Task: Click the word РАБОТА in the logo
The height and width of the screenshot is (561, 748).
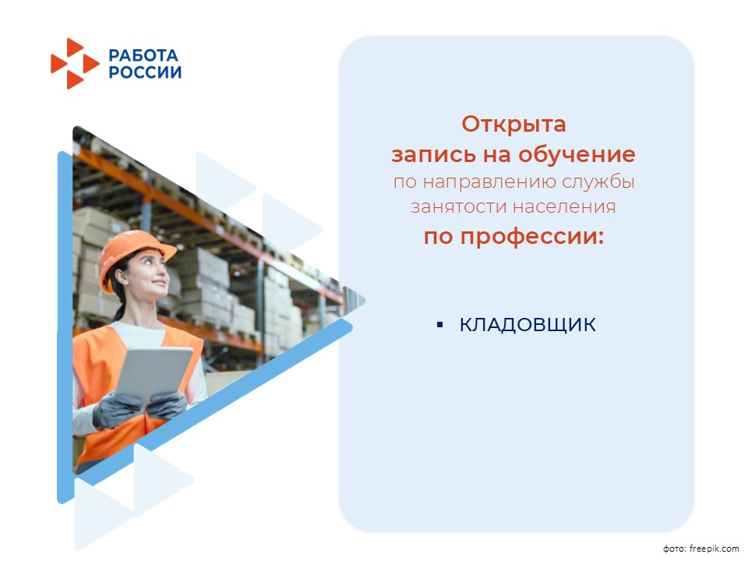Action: coord(143,55)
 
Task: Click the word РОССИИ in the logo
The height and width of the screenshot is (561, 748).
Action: coord(145,72)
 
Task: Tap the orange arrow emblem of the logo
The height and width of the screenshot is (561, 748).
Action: coord(75,63)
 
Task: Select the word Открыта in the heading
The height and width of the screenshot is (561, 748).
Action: coord(513,125)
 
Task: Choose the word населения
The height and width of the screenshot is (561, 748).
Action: coord(564,207)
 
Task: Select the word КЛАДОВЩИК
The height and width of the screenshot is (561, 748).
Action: coord(527,325)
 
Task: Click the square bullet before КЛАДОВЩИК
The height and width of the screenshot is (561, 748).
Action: coord(439,325)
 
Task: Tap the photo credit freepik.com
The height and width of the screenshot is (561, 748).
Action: coord(714,549)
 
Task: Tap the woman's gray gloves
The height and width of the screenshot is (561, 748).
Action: coord(139,408)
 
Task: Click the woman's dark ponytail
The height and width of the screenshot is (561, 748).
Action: coord(118,305)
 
